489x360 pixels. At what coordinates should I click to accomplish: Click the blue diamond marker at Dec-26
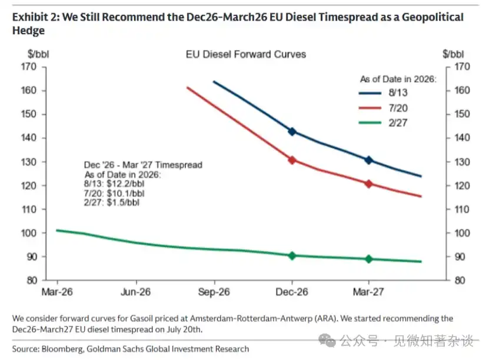[x=292, y=132]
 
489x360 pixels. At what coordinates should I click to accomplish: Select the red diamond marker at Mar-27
[x=368, y=184]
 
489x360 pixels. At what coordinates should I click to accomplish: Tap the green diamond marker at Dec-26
[x=292, y=256]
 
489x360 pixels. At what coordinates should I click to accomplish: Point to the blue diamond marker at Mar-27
[x=368, y=160]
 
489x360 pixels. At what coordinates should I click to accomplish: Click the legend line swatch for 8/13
[x=370, y=93]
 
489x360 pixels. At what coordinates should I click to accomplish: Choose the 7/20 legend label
[x=398, y=108]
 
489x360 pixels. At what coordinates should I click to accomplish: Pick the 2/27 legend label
[x=398, y=123]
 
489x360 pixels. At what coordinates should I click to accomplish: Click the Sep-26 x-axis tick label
[x=214, y=292]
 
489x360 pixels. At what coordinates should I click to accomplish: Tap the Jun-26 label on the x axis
[x=136, y=292]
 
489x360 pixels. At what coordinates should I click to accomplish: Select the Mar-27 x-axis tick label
[x=368, y=292]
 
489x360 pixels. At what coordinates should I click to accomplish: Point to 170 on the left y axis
[x=29, y=66]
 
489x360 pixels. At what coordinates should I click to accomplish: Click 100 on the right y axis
[x=462, y=233]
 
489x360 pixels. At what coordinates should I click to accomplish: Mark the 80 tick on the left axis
[x=32, y=281]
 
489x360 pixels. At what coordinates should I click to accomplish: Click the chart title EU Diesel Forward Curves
[x=246, y=54]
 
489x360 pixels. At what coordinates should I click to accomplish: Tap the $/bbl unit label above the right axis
[x=453, y=54]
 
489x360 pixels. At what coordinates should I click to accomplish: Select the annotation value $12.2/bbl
[x=125, y=184]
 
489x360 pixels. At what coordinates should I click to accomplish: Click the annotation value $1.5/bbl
[x=123, y=202]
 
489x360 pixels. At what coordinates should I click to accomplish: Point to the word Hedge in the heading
[x=28, y=31]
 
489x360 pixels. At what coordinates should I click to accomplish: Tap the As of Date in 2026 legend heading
[x=398, y=79]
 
